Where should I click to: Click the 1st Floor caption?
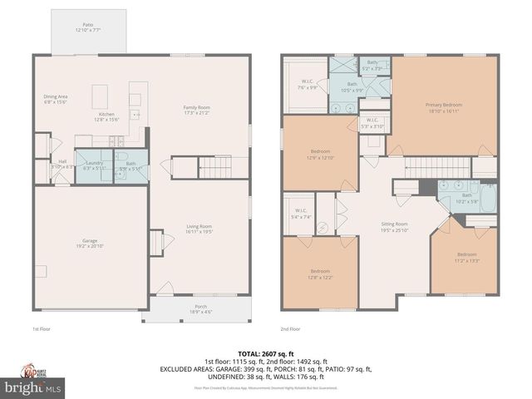pos(42,328)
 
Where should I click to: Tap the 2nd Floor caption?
pos(289,328)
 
